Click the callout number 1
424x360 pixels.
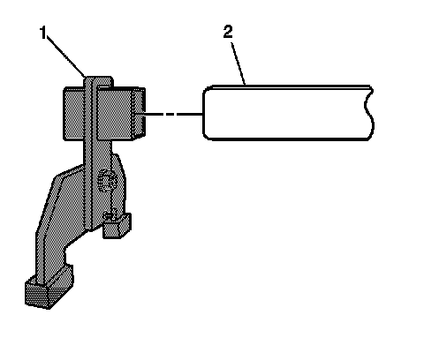(43, 33)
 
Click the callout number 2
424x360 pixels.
(228, 32)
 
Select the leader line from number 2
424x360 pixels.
(238, 64)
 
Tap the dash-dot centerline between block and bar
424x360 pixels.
(174, 114)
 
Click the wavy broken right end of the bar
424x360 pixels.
(369, 113)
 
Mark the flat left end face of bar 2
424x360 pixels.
(204, 113)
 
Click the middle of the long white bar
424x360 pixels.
(287, 113)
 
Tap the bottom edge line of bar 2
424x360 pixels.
(287, 139)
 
